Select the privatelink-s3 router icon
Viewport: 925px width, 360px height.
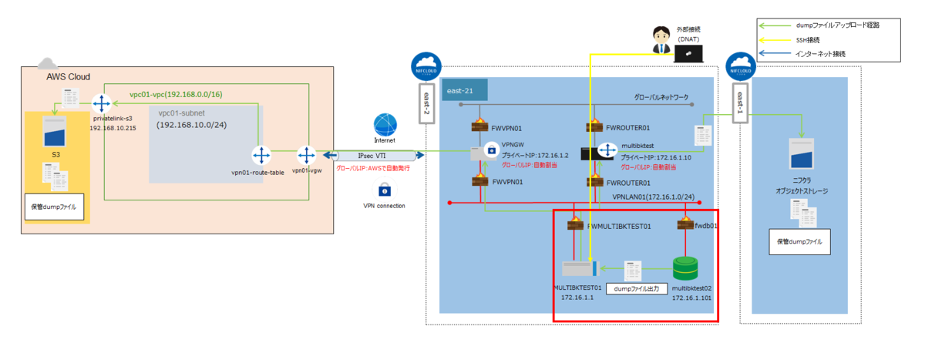tap(102, 104)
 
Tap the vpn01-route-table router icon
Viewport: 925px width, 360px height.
tap(261, 156)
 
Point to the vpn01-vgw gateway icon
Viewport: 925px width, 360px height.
tap(305, 156)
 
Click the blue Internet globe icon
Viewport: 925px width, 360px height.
tap(385, 126)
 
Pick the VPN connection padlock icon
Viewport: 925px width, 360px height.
tap(384, 190)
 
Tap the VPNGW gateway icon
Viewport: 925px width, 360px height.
tap(489, 152)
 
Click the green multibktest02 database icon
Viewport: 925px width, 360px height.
tap(684, 268)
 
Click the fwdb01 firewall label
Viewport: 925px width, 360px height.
tap(707, 227)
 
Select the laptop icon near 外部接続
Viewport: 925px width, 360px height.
tap(688, 52)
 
